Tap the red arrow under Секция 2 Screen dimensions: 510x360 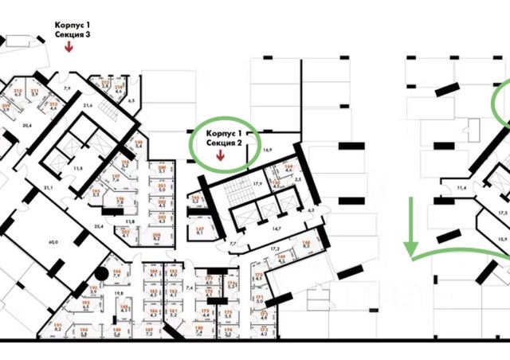pos(221,157)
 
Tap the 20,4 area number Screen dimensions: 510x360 pos(26,126)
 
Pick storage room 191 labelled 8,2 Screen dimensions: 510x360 pos(57,327)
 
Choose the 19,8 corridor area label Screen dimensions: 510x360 pos(117,294)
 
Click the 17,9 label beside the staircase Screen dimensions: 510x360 pos(257,184)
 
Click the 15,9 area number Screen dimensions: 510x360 pos(503,239)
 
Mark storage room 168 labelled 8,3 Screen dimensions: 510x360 pos(305,246)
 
